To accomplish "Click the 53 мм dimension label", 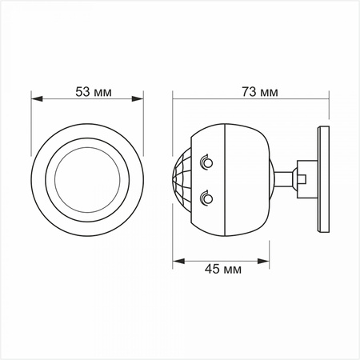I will click(93, 91).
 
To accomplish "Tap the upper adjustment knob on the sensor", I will click(207, 163).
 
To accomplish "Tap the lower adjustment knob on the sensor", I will click(207, 194).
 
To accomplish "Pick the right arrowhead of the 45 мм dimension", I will click(270, 260).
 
